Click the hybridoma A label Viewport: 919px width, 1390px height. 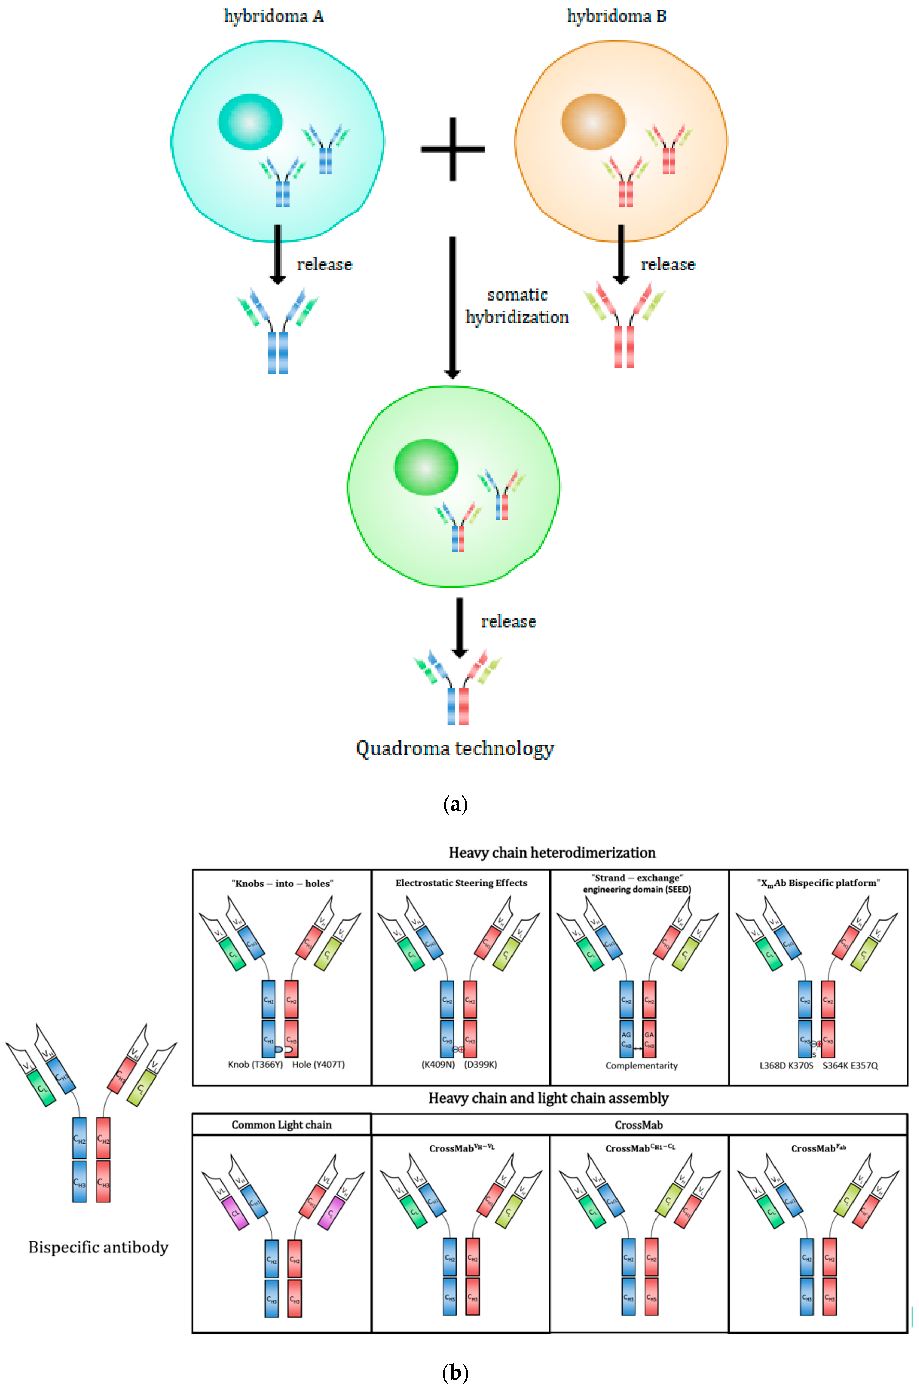[274, 16]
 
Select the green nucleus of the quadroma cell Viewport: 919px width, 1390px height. [426, 467]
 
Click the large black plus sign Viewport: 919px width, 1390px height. [452, 149]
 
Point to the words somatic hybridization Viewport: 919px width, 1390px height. [517, 305]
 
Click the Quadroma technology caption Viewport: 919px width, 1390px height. [455, 749]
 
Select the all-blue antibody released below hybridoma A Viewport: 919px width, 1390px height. [278, 331]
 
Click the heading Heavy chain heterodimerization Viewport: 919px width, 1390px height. [552, 852]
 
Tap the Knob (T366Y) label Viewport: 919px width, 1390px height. [255, 1064]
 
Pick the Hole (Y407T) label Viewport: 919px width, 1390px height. [318, 1064]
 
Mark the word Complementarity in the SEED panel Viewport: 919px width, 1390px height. [641, 1065]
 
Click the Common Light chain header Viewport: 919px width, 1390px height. [281, 1124]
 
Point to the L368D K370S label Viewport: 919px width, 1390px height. [786, 1065]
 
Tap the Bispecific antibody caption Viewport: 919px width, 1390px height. [99, 1247]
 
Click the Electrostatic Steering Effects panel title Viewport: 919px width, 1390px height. [461, 883]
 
